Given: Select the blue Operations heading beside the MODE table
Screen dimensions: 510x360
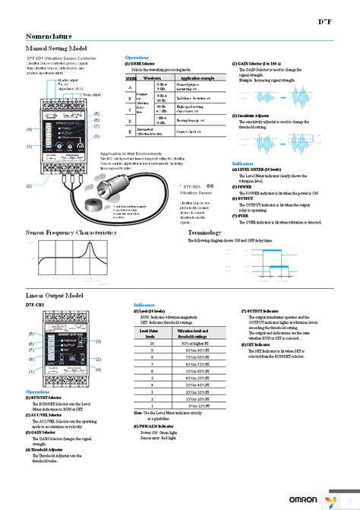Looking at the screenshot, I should [x=137, y=57].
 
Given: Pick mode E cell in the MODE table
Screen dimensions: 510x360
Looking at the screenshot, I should [x=131, y=130].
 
